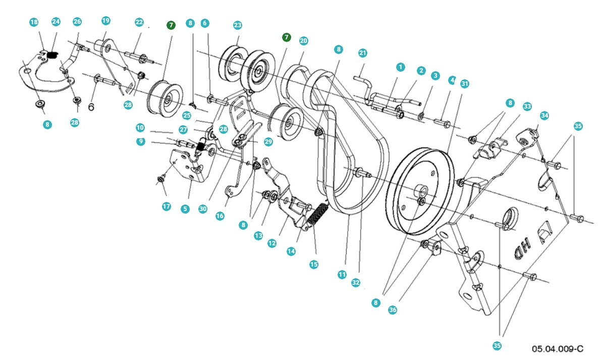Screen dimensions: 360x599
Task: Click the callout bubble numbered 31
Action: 464,84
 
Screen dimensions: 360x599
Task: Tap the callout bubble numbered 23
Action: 237,25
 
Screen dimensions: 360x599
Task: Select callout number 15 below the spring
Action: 314,264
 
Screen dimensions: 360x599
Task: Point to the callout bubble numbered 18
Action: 34,22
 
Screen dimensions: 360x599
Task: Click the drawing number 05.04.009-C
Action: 557,349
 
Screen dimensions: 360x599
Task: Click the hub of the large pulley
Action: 421,192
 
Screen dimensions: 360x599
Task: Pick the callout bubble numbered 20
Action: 303,40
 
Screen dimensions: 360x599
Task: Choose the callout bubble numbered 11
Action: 342,275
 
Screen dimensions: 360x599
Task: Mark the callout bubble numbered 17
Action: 167,206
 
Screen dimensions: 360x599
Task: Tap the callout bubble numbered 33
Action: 527,107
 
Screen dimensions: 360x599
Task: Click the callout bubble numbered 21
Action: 362,53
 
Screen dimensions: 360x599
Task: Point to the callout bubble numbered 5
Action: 185,209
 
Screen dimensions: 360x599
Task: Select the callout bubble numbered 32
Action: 356,283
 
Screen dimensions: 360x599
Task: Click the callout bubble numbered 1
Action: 400,67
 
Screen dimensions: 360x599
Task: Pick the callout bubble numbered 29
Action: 268,142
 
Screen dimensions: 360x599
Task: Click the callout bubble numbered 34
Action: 544,115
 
